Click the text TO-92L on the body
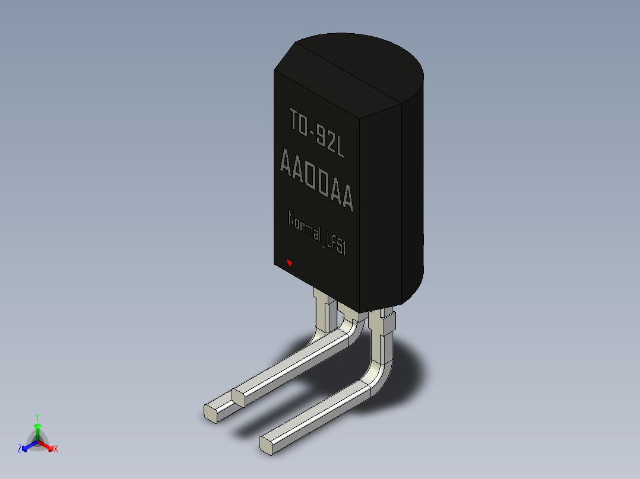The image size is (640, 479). click(x=317, y=133)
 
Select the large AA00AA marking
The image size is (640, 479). click(x=317, y=180)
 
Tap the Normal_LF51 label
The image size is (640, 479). click(x=317, y=232)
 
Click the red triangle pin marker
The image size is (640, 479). click(x=289, y=263)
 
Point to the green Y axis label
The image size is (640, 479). click(x=37, y=417)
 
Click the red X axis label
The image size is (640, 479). click(x=56, y=449)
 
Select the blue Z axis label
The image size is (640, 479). click(x=20, y=448)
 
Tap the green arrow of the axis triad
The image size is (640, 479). click(x=37, y=432)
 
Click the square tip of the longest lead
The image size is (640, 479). click(x=267, y=445)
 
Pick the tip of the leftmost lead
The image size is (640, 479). click(x=211, y=414)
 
